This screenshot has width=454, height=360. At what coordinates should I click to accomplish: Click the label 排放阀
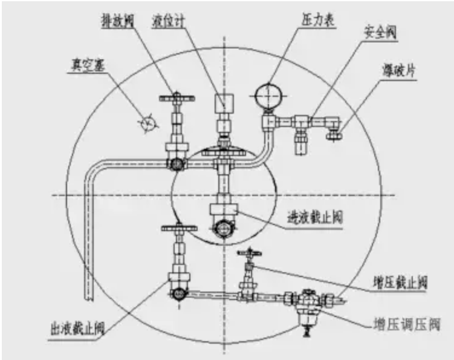116,22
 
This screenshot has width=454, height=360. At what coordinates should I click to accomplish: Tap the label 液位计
166,22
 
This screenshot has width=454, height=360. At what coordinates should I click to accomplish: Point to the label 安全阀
376,31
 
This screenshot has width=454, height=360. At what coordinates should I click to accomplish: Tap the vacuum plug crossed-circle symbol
147,123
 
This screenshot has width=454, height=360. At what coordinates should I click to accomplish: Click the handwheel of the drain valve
175,97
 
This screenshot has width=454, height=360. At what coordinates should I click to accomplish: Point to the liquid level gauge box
224,103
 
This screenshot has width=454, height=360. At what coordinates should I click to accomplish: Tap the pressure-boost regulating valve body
306,302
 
